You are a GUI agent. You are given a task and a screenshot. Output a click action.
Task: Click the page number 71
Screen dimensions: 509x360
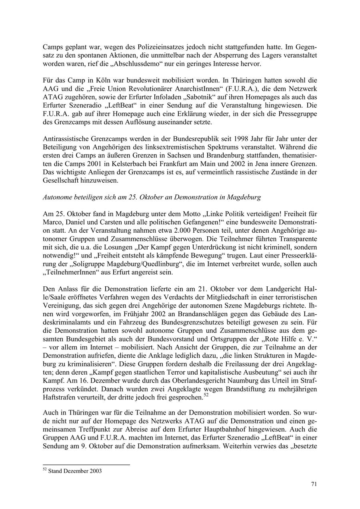pos(314,484)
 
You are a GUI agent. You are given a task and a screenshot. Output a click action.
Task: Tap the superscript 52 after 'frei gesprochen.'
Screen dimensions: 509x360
pos(206,395)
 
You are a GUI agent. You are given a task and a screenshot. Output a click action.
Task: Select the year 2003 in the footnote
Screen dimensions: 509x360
pos(95,471)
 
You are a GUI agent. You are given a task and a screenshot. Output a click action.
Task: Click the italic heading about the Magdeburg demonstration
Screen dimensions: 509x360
pos(152,197)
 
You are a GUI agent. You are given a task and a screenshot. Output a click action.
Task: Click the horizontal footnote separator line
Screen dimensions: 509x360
pos(86,465)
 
